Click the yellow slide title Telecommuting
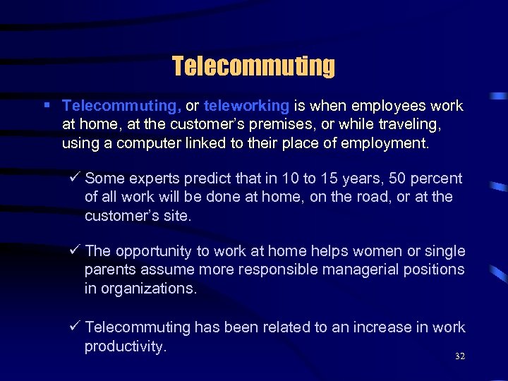253,66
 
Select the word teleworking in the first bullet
246,107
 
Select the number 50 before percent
376,179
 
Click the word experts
152,179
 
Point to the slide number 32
460,356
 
